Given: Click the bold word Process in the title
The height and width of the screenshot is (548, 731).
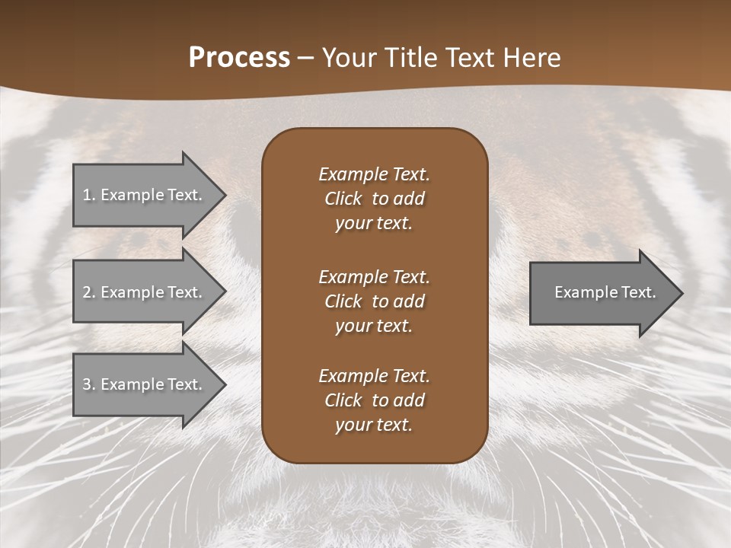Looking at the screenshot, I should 239,58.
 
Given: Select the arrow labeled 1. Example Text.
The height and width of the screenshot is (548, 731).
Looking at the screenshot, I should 145,195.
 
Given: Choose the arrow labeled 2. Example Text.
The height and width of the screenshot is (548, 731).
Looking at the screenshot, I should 145,292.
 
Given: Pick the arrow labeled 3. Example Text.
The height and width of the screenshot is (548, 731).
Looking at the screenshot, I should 145,384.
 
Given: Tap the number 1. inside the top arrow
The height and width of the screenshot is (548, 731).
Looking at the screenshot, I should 89,195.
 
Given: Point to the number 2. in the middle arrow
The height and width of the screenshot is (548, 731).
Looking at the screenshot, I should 89,292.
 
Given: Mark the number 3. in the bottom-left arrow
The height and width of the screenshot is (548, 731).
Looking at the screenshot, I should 89,384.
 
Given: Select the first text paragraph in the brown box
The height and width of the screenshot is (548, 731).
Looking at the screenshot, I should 374,199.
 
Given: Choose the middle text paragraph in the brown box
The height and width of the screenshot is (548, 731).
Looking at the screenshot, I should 374,301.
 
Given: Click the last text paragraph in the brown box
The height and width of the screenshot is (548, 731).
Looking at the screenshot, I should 374,400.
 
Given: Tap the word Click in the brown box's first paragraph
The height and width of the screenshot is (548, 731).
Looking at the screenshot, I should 343,199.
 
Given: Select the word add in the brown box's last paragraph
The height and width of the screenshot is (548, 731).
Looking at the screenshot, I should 409,400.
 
